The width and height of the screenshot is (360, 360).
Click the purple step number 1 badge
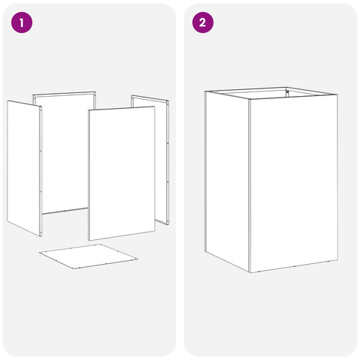click(22, 22)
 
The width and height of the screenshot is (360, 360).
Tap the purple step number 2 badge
click(202, 22)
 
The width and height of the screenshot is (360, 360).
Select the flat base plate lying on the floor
click(88, 256)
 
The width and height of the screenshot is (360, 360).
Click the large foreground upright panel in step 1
click(121, 173)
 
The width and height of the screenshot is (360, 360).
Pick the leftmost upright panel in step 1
click(24, 168)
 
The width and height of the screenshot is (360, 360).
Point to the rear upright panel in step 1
click(64, 152)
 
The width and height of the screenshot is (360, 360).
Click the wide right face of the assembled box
click(293, 183)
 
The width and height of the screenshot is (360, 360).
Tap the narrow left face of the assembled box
click(227, 181)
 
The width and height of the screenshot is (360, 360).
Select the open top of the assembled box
click(271, 93)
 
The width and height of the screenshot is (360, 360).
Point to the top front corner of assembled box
click(249, 99)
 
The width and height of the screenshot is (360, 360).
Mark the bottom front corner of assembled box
click(250, 272)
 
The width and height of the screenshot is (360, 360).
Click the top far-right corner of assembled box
click(337, 94)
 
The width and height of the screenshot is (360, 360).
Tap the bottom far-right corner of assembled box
click(338, 260)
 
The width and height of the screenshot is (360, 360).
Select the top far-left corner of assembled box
click(205, 91)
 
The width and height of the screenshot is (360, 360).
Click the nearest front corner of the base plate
click(74, 269)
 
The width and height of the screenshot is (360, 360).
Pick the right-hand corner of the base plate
click(138, 259)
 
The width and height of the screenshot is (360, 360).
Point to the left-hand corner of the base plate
click(39, 253)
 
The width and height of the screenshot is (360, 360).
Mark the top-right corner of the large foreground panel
click(154, 106)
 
